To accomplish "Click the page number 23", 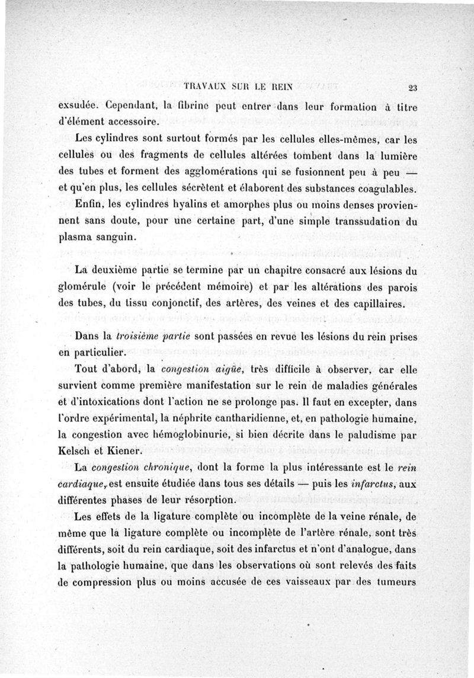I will (x=413, y=88).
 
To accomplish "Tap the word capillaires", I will (x=376, y=305).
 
